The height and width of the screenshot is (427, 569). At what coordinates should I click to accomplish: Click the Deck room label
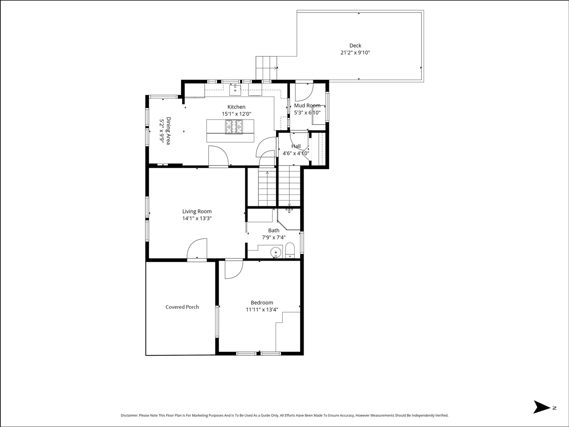(355, 45)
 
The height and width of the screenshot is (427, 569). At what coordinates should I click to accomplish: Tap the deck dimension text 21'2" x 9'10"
(355, 52)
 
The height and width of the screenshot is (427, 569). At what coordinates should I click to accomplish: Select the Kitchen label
(236, 107)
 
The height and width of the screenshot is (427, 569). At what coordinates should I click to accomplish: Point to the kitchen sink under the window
(235, 90)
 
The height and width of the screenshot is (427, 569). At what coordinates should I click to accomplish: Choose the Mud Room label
(307, 105)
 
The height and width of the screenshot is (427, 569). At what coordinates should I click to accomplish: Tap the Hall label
(296, 146)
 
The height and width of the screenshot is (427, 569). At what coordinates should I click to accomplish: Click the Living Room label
(196, 211)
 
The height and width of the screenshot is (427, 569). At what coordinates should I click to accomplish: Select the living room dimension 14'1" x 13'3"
(196, 218)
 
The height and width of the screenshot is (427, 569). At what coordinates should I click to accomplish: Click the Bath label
(273, 230)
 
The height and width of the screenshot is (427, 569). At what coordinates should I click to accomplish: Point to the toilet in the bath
(289, 250)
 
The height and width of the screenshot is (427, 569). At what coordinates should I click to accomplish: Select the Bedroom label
(262, 302)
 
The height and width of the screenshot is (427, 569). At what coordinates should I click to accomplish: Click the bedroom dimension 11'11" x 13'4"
(262, 310)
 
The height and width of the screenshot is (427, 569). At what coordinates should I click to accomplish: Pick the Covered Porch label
(182, 307)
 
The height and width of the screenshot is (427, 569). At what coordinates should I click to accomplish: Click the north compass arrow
(541, 407)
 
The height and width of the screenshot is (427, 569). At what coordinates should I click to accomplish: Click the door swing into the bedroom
(233, 270)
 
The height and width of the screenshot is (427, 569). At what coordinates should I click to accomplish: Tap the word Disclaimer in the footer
(129, 415)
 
